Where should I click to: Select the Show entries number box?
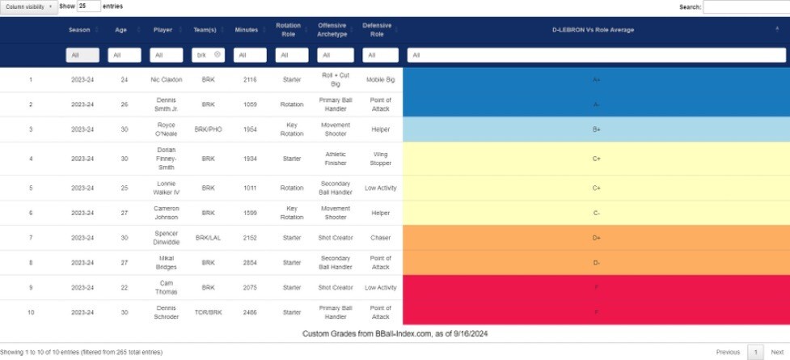pos(89,6)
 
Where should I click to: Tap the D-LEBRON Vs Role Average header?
pos(593,30)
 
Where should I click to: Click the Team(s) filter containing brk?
pos(208,55)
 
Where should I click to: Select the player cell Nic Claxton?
pos(167,80)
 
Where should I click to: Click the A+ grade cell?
pos(596,80)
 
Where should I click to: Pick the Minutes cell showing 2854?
pos(246,262)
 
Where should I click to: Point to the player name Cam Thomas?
pos(167,287)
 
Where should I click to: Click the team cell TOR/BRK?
pos(208,312)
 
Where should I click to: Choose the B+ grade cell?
pos(596,129)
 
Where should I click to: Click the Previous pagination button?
pos(728,352)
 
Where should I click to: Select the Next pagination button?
pos(776,352)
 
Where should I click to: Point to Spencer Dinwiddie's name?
pos(167,238)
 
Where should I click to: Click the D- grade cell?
pos(596,262)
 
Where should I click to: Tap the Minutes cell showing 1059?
pos(246,104)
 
